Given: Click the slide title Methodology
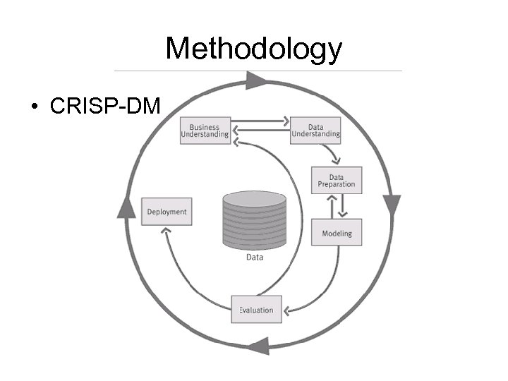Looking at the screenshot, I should (x=253, y=49).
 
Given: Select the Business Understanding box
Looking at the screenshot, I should (x=205, y=131).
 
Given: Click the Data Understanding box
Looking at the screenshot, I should (x=315, y=131).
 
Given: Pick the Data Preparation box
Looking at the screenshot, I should (x=337, y=180).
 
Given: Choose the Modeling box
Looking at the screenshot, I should (x=337, y=233).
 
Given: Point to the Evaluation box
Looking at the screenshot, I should (x=256, y=310).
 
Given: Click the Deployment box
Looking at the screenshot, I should (x=167, y=212).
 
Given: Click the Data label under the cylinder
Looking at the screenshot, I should (x=255, y=258).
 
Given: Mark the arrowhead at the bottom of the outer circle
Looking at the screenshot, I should (x=258, y=345).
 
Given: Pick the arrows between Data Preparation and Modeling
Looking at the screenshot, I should (x=337, y=206).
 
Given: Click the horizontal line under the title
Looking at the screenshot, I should (x=258, y=71).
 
